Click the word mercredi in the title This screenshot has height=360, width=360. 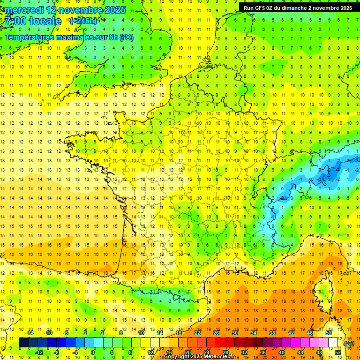(x=24, y=10)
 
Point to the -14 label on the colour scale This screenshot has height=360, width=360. (x=30, y=333)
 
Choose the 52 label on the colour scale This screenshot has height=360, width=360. (x=338, y=352)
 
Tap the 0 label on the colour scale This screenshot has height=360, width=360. (x=93, y=352)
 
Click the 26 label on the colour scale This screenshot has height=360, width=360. (x=216, y=333)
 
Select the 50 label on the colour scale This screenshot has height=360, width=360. (x=328, y=333)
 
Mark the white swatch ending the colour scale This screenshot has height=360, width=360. (x=333, y=343)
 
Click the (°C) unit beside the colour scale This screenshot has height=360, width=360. (x=349, y=343)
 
